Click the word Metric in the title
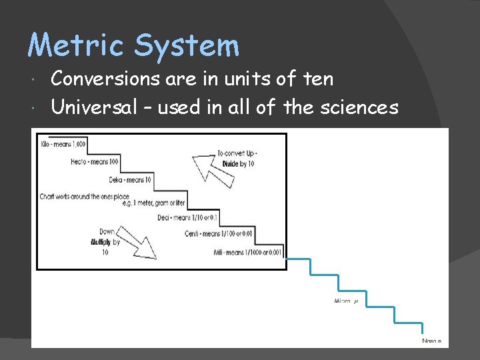pos(76,46)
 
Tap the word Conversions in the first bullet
pos(106,79)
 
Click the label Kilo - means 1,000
pos(63,144)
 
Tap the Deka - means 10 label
pos(130,179)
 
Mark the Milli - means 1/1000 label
pos(249,251)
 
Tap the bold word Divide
pos(231,164)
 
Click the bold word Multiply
pos(101,243)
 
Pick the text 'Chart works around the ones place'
pos(83,197)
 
